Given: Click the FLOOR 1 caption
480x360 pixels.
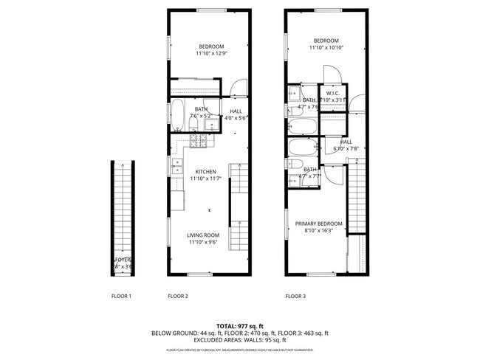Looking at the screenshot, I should pyautogui.click(x=120, y=296).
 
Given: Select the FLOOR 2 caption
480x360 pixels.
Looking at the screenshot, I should pyautogui.click(x=178, y=296).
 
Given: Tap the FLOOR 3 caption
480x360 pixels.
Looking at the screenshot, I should pyautogui.click(x=296, y=296).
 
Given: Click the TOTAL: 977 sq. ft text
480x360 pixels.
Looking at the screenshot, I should pyautogui.click(x=239, y=325).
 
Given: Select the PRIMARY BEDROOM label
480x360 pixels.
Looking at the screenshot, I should pyautogui.click(x=319, y=224).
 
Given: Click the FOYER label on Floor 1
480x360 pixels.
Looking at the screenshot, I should pyautogui.click(x=122, y=260).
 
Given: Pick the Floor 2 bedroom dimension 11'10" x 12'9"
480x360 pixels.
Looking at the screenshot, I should pyautogui.click(x=212, y=52).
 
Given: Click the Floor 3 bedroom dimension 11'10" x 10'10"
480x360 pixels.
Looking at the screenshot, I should pyautogui.click(x=326, y=47).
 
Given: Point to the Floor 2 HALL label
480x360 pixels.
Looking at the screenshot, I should pyautogui.click(x=236, y=111).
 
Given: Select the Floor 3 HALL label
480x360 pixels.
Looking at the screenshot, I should pyautogui.click(x=346, y=142).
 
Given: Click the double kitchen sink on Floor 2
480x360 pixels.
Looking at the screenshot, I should pyautogui.click(x=177, y=167).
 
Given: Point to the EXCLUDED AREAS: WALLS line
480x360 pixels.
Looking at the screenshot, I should pyautogui.click(x=239, y=340).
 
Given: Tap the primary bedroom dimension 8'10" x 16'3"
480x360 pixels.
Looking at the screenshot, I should pyautogui.click(x=319, y=230).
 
